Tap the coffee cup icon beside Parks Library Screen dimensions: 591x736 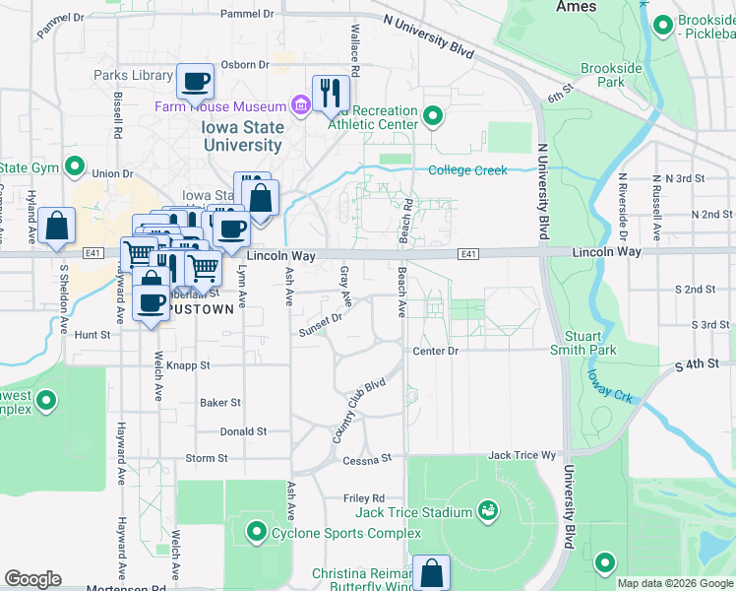[195, 80]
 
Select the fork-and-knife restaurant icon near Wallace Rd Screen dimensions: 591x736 [332, 94]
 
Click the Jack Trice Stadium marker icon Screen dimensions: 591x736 [487, 510]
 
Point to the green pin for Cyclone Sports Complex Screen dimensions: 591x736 [257, 533]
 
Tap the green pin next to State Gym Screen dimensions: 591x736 [74, 166]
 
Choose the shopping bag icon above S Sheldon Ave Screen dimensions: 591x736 [58, 226]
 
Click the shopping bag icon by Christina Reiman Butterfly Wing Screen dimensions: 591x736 [431, 572]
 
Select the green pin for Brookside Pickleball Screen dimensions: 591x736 [662, 24]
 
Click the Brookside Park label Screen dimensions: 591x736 [611, 75]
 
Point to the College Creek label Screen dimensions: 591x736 [468, 170]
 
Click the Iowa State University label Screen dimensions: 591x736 [243, 136]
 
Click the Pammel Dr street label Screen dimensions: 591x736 [246, 14]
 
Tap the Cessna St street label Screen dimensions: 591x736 [367, 459]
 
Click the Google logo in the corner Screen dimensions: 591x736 [32, 579]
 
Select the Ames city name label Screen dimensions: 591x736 [576, 6]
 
